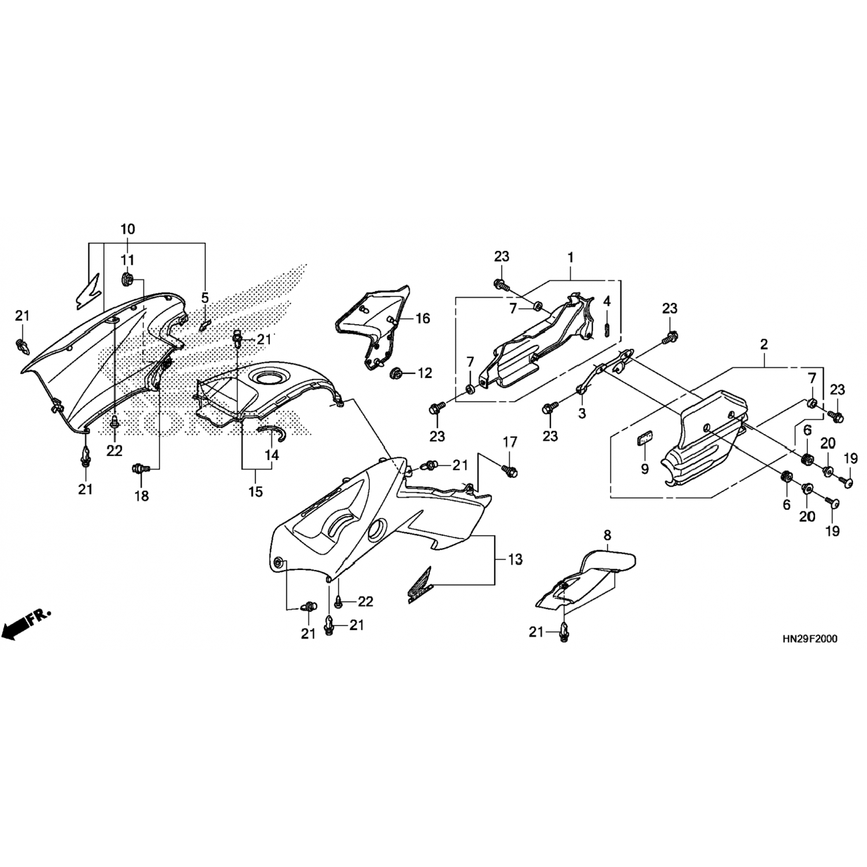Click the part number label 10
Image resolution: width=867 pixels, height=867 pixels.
[x=128, y=229]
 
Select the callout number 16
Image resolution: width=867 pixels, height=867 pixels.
[x=423, y=318]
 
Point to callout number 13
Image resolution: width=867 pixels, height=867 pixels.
[x=515, y=560]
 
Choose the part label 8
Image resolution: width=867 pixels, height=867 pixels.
[x=607, y=535]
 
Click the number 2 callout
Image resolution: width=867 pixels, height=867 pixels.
[x=764, y=344]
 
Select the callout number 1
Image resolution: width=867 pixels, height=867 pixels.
[x=570, y=257]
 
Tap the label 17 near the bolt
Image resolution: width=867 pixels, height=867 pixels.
[x=509, y=443]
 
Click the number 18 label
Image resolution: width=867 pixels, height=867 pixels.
[x=142, y=495]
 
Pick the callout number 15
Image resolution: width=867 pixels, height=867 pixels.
[x=255, y=491]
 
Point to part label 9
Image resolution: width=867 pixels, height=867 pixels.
[x=645, y=469]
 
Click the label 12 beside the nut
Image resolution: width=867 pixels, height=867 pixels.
[x=425, y=373]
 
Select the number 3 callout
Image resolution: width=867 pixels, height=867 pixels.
[x=582, y=413]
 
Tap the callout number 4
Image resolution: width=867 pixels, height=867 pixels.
[x=607, y=301]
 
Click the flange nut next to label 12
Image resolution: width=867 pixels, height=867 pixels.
[x=397, y=372]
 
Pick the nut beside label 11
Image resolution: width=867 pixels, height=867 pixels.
[x=127, y=280]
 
